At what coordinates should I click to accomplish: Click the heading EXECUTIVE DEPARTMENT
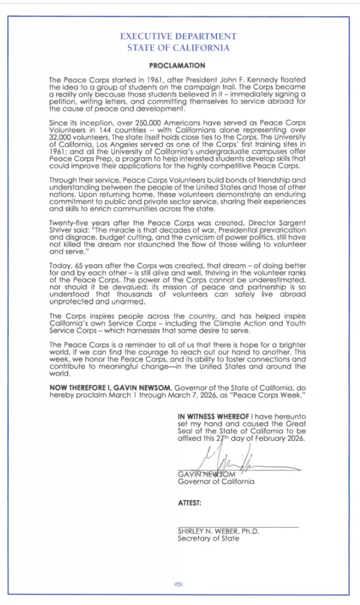tap(178, 36)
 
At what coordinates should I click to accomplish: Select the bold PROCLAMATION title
tap(177, 66)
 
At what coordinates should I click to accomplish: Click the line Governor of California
tap(216, 481)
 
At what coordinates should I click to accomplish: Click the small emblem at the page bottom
tap(178, 584)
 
